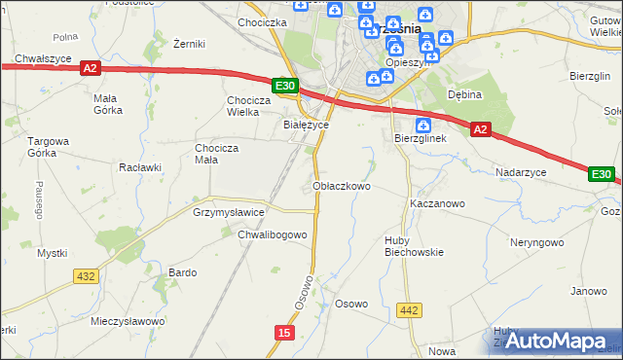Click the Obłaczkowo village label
pos(341,186)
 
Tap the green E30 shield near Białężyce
pos(284,87)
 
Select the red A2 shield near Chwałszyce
pos(90,68)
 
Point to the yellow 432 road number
pos(86,276)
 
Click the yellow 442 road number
pos(410,310)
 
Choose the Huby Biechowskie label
pos(413,244)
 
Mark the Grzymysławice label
pos(229,211)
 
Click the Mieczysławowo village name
pos(128,320)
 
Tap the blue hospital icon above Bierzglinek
pos(423,126)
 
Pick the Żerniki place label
pos(188,44)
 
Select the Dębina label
pos(465,94)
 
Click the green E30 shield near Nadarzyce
pos(602,174)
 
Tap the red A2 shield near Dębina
pos(479,128)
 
